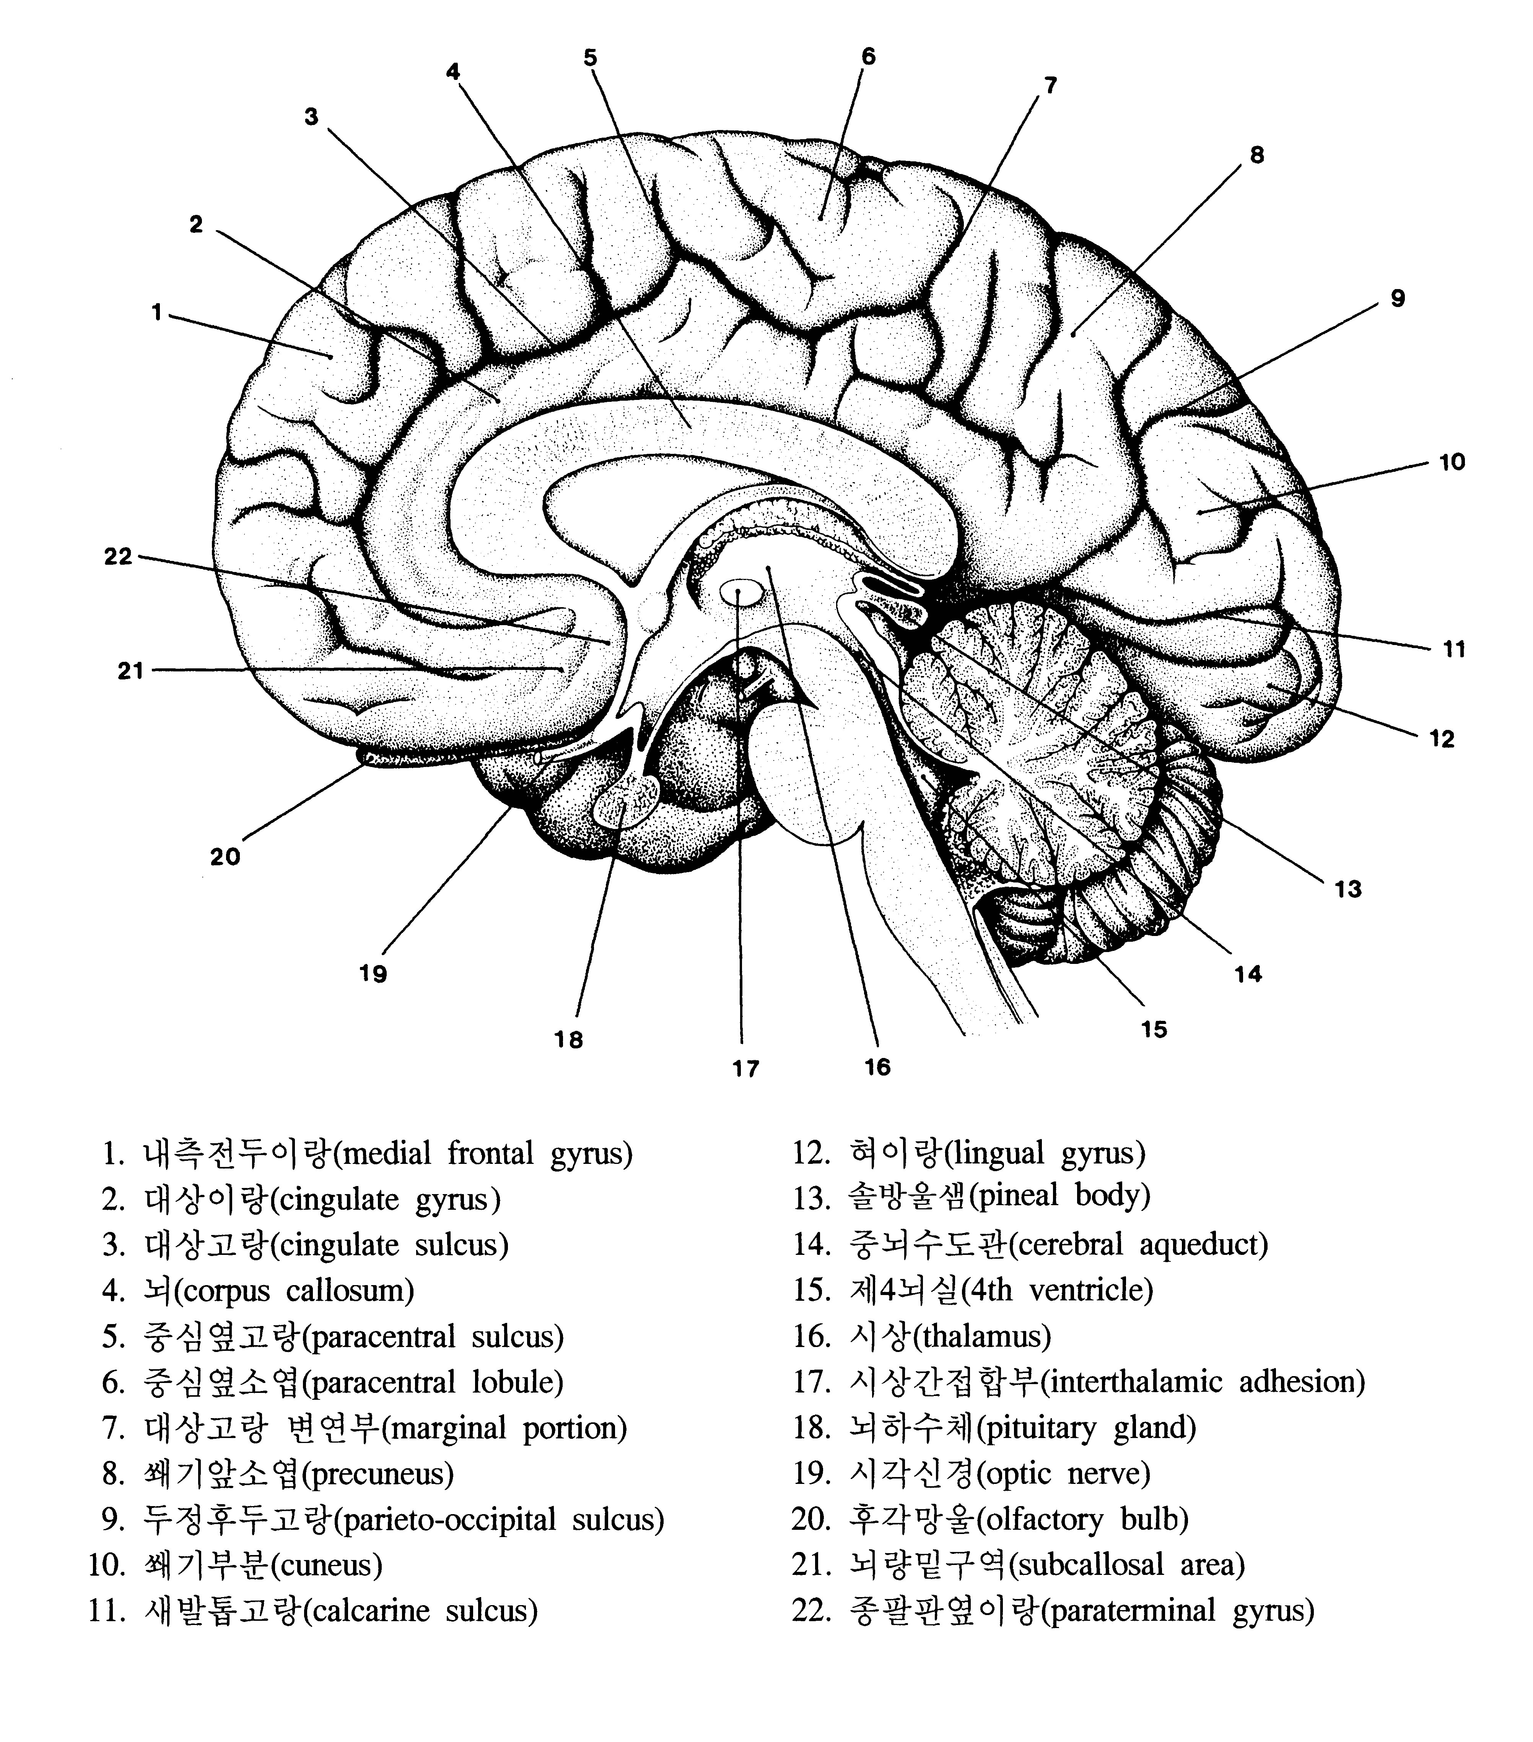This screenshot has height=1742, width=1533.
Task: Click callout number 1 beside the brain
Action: [157, 313]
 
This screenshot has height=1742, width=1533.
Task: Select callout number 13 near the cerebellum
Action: [1348, 890]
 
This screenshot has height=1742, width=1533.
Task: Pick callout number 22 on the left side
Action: [119, 557]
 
